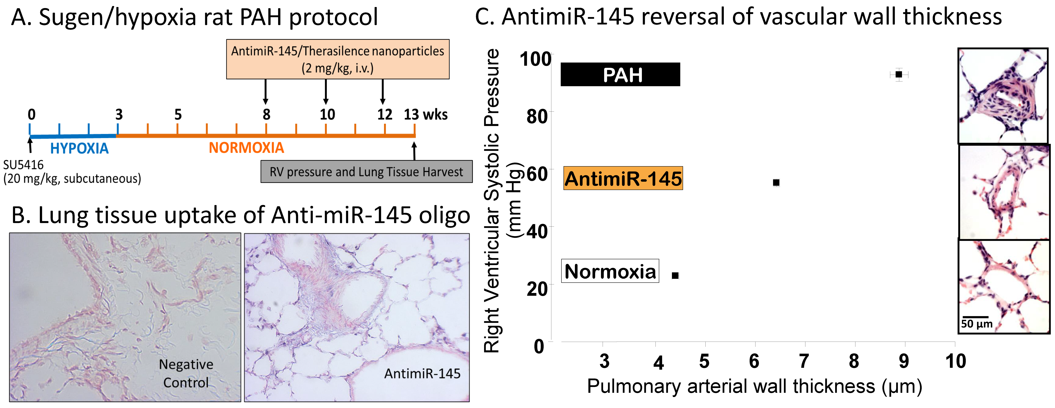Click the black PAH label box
620,75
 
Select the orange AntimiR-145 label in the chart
623,178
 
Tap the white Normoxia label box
610,271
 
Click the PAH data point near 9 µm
899,75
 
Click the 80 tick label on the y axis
537,117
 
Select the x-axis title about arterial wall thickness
754,386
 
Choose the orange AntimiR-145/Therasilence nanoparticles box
337,59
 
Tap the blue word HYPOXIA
79,148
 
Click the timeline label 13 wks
426,115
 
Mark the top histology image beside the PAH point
1003,96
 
